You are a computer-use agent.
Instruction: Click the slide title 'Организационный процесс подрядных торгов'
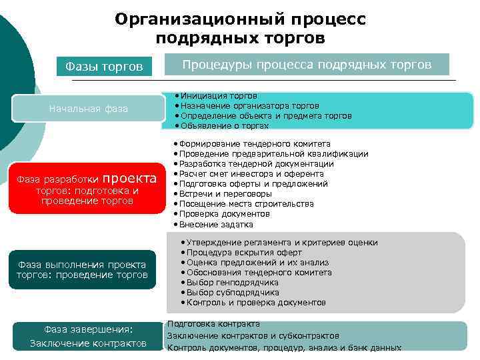click(x=240, y=28)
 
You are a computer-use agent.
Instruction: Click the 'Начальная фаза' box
click(x=89, y=109)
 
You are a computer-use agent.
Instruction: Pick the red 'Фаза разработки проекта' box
click(x=89, y=189)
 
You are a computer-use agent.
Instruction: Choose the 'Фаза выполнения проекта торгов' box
click(x=82, y=269)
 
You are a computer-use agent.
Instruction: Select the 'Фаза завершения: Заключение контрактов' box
click(x=89, y=336)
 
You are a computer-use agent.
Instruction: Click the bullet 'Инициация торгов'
click(x=219, y=96)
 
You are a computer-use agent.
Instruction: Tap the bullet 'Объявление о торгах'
click(x=224, y=126)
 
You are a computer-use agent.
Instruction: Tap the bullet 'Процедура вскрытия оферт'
click(x=244, y=253)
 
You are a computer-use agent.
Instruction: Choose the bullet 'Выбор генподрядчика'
click(x=233, y=283)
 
